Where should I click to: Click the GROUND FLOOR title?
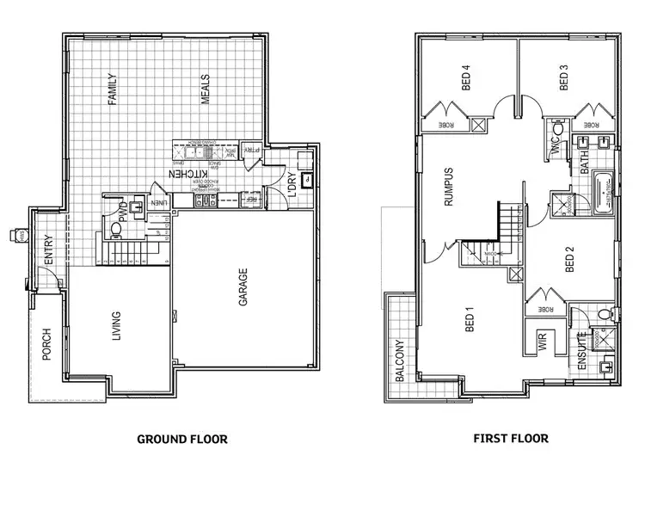tap(182, 439)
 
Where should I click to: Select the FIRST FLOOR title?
tap(511, 438)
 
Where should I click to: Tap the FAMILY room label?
tap(112, 89)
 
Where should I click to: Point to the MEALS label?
tap(206, 89)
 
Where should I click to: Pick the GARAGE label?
tap(243, 284)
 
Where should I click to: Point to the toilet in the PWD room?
tap(116, 230)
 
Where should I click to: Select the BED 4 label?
tap(467, 79)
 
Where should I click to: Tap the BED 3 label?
tap(565, 79)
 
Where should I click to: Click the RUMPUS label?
tap(448, 188)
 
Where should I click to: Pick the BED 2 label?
tap(568, 260)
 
